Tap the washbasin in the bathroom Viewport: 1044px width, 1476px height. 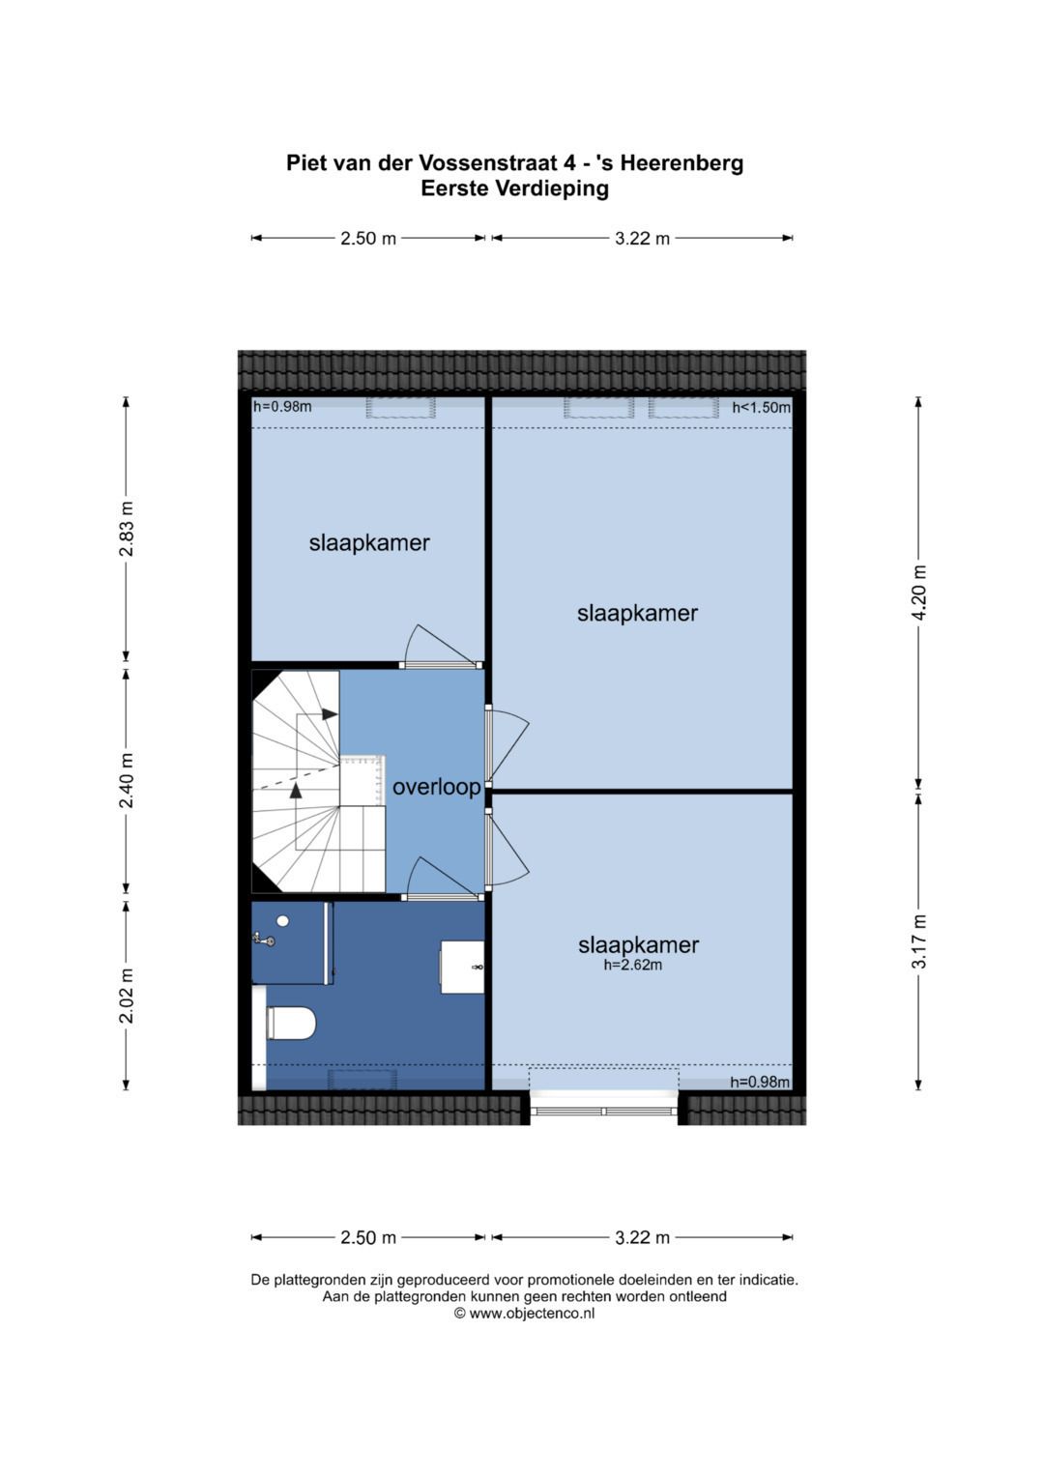[x=462, y=967]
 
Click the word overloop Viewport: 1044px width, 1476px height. [x=436, y=787]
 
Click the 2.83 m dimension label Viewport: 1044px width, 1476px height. [x=126, y=529]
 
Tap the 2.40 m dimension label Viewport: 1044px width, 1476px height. [x=126, y=780]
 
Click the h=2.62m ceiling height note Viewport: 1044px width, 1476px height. [x=633, y=966]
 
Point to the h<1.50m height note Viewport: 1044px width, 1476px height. [x=762, y=407]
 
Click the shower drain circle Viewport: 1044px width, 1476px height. [x=283, y=920]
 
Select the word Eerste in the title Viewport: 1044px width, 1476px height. [x=454, y=188]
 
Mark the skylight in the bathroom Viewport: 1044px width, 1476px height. [x=362, y=1081]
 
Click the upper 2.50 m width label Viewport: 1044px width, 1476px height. [x=367, y=238]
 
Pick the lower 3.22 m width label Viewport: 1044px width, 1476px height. [x=642, y=1237]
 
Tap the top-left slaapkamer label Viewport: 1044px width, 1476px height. [x=369, y=543]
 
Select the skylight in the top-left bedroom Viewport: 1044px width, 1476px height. [x=401, y=407]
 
